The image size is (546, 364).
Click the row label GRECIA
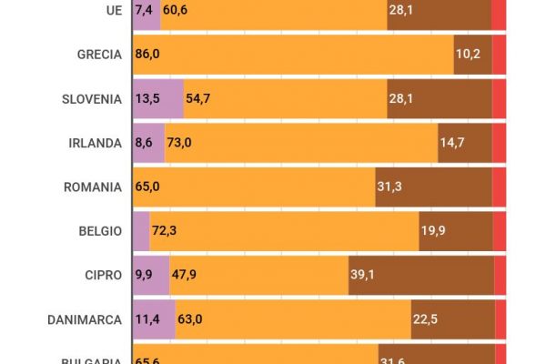(x=98, y=55)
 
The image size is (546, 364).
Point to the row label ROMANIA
(x=92, y=187)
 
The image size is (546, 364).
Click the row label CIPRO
(x=102, y=276)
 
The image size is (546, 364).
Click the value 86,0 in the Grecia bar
(x=147, y=55)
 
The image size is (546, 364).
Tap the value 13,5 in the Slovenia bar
(x=147, y=99)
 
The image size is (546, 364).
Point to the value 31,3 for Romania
(x=389, y=187)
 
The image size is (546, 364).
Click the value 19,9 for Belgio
(x=432, y=231)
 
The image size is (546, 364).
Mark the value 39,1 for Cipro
(x=363, y=276)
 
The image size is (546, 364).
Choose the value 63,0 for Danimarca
(x=190, y=319)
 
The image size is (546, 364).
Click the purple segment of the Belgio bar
(x=141, y=231)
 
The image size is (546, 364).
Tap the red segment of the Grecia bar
(x=499, y=55)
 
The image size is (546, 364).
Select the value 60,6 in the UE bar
(x=175, y=11)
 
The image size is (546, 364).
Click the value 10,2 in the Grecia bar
(x=468, y=55)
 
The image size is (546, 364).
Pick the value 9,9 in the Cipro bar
(x=146, y=276)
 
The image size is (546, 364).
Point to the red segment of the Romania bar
(x=500, y=187)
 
